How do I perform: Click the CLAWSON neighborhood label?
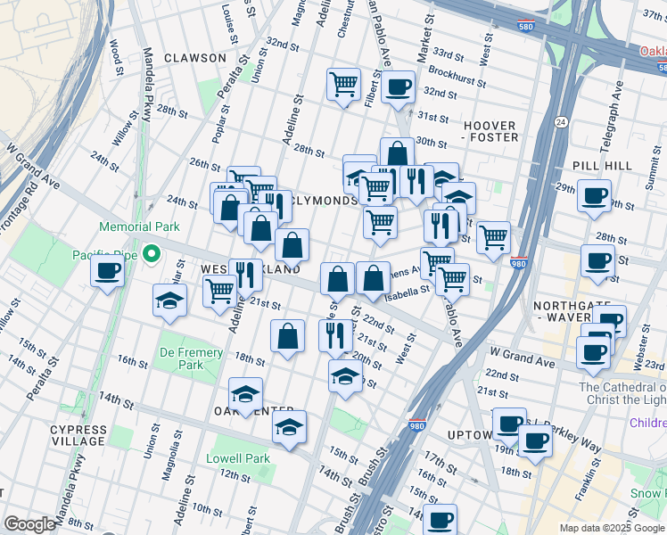click(x=194, y=58)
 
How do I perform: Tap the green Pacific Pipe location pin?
click(x=152, y=255)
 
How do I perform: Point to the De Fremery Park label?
click(x=190, y=358)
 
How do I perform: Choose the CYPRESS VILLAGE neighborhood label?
click(x=78, y=435)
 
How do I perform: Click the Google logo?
click(x=29, y=524)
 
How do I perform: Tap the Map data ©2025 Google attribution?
click(x=612, y=528)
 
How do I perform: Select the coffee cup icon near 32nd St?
click(x=398, y=87)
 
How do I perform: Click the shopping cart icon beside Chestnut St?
click(x=343, y=85)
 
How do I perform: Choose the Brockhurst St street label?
click(x=456, y=72)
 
